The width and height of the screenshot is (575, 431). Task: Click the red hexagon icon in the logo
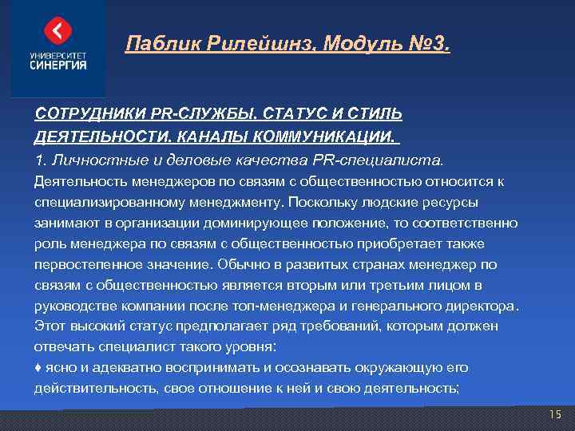(58, 30)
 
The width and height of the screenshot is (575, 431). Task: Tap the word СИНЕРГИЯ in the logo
(58, 65)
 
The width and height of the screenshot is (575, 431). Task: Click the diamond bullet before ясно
(38, 368)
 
